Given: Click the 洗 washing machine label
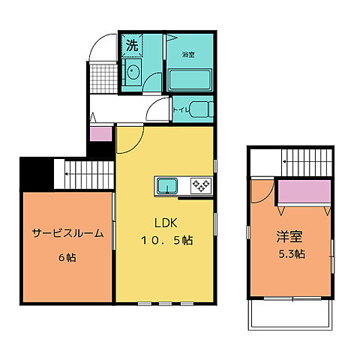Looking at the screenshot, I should coord(131,45).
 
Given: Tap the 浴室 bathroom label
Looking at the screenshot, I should coord(187,55).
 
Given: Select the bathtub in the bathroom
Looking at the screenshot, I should coord(190,80).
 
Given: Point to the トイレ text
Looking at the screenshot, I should coord(181,109).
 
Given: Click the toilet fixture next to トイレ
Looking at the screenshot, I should coord(199,109).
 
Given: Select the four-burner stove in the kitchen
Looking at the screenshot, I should coord(201,184).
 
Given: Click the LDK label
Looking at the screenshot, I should coord(166,223).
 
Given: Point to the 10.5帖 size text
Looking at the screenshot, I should coord(165,241).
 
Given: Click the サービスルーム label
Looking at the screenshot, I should coord(67,233).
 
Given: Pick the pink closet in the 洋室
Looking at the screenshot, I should coord(304,193).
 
